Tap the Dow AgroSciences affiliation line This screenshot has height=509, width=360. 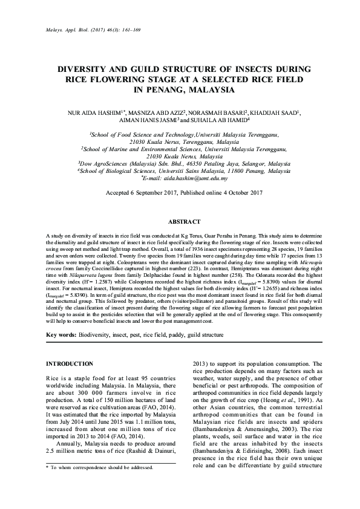click(180, 163)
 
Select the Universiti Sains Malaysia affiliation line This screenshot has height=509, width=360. click(180, 171)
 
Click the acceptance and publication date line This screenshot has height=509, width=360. click(180, 193)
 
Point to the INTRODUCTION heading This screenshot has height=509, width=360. click(70, 363)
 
